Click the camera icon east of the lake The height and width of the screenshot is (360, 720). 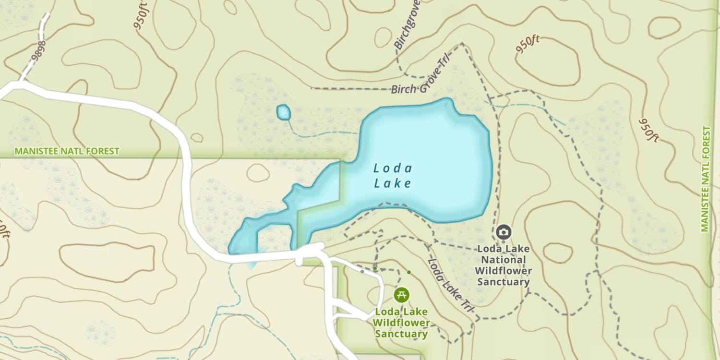(x=503, y=232)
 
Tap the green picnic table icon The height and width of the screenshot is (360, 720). (x=401, y=294)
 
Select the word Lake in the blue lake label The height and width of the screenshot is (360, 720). (x=393, y=183)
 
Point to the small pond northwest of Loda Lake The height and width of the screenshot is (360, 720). (x=284, y=113)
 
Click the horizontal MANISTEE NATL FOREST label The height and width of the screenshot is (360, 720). (x=67, y=151)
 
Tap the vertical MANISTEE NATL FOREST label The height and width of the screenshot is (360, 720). (x=705, y=179)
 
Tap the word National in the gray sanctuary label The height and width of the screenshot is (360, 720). (x=504, y=260)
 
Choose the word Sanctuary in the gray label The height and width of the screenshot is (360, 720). (x=503, y=282)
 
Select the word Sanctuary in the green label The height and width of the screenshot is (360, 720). (x=401, y=334)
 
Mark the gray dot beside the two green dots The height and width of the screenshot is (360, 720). (x=362, y=271)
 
